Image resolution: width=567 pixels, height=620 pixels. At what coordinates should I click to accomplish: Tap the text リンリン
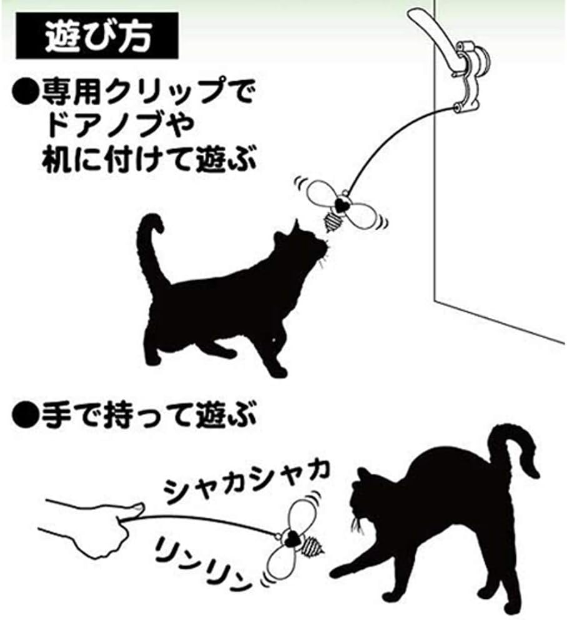202,561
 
